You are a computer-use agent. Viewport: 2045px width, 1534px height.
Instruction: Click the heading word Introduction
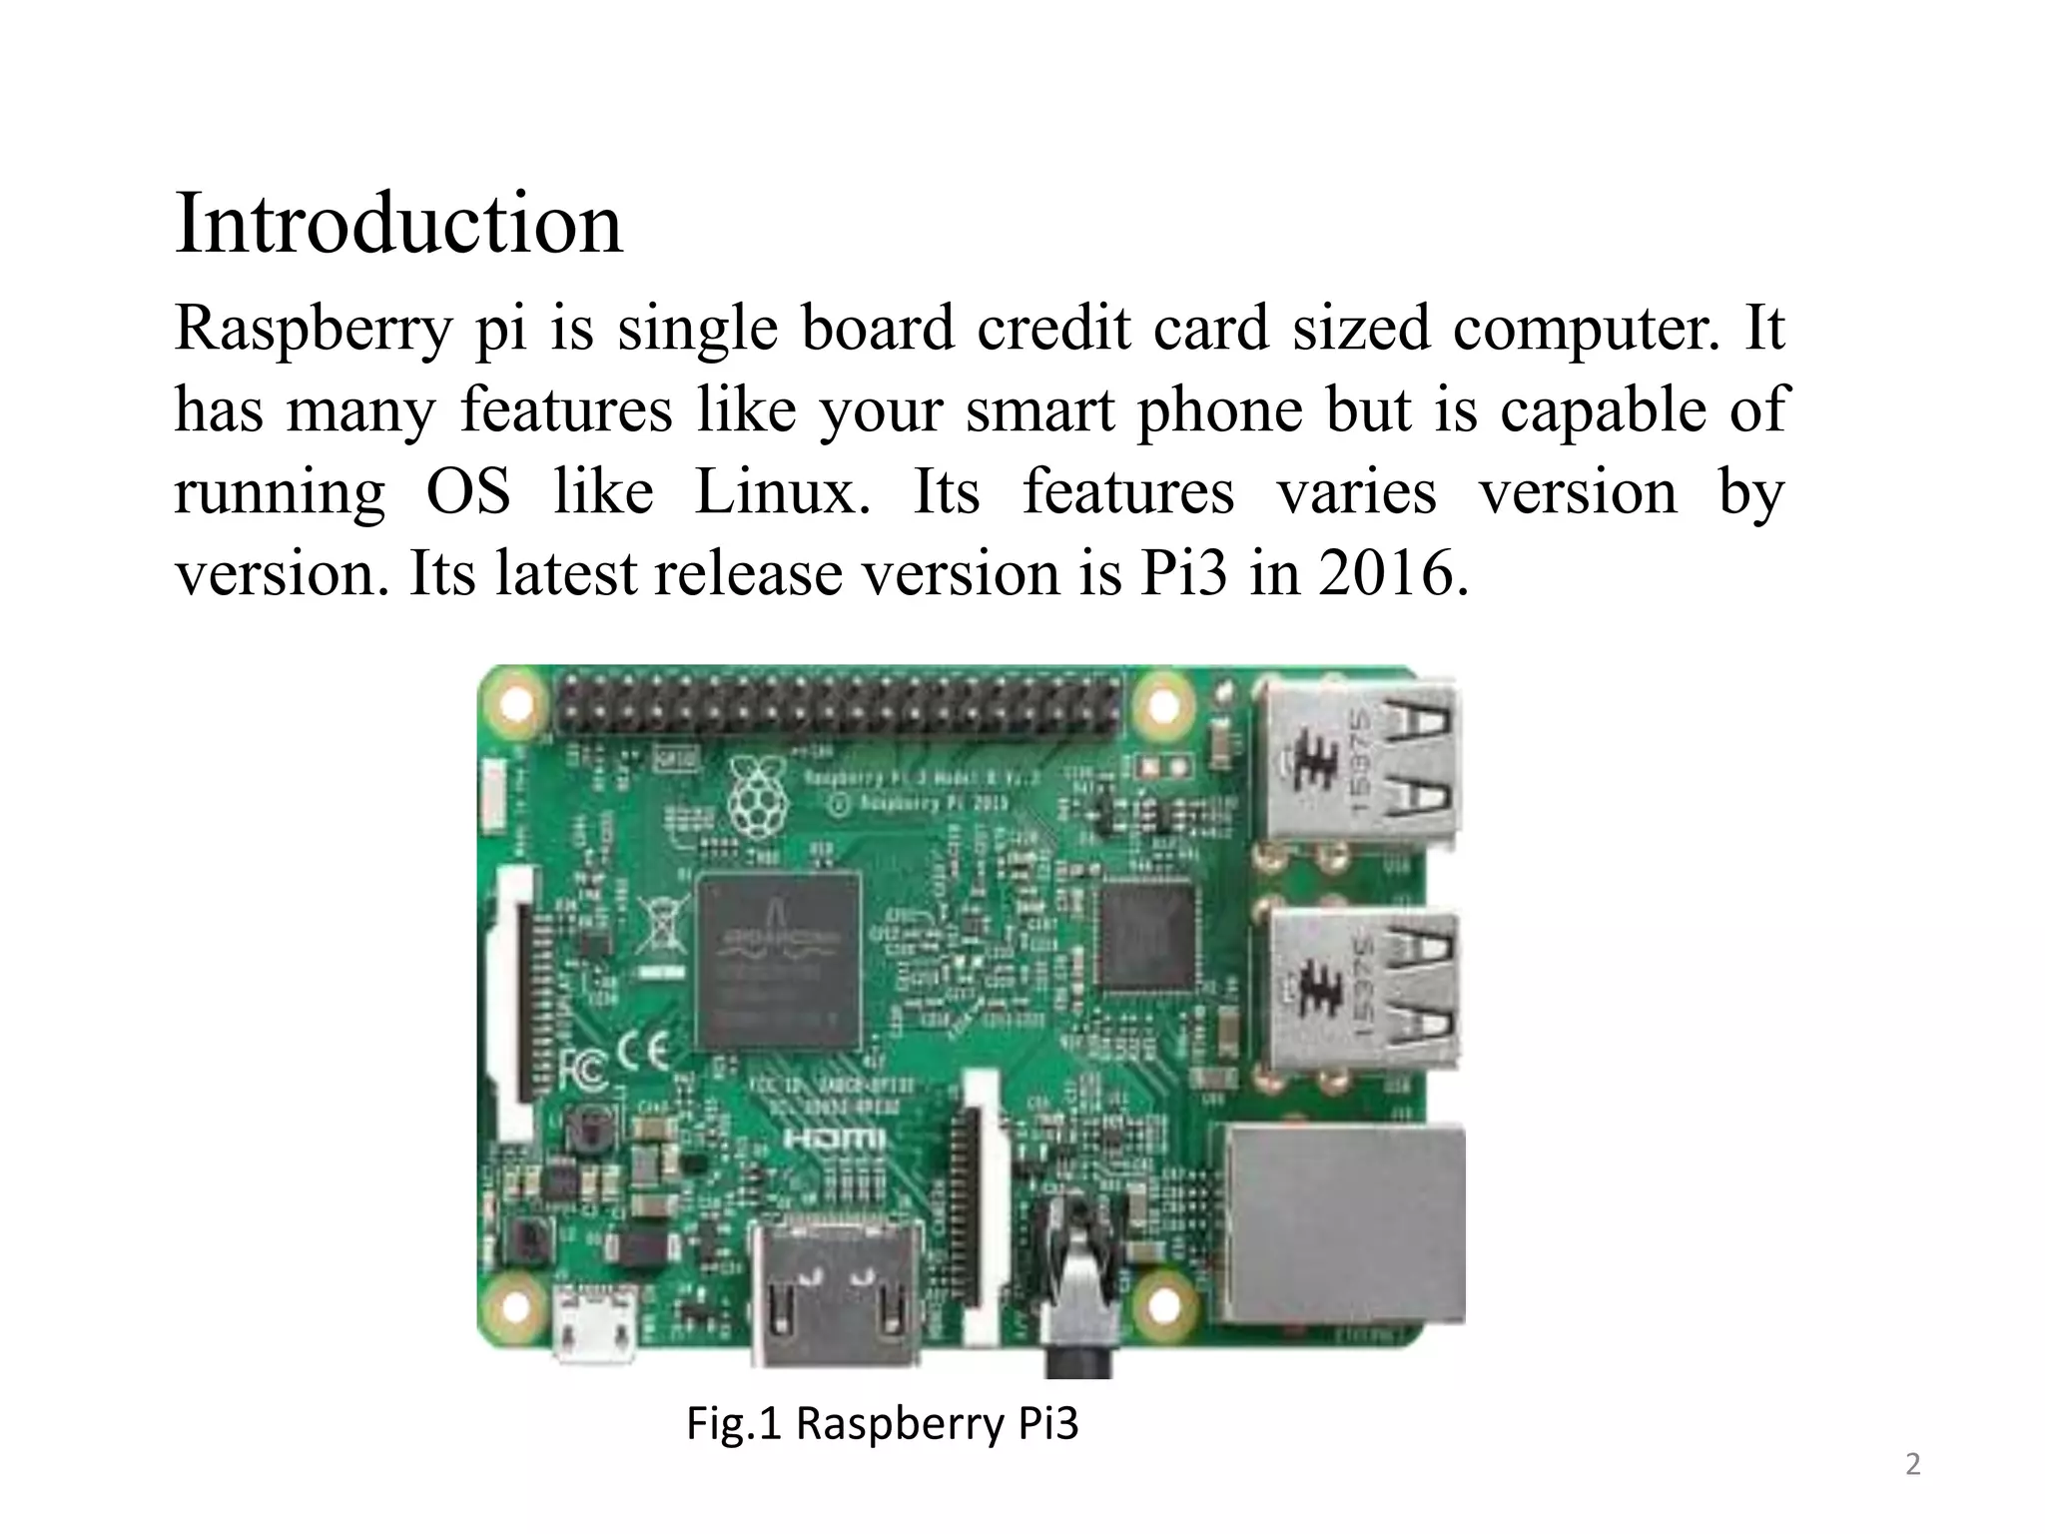point(398,224)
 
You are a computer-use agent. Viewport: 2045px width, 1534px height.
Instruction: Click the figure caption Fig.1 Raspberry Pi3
point(883,1423)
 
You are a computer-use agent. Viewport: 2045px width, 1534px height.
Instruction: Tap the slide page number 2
point(1912,1465)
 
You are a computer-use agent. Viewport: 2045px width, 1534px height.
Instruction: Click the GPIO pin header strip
point(839,703)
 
